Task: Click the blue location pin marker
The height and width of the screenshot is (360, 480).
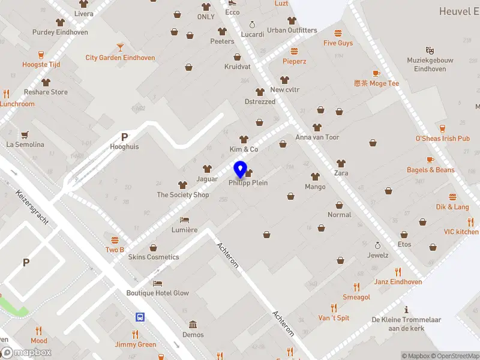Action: coord(241,170)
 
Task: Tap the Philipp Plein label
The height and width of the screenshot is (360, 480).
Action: coord(248,183)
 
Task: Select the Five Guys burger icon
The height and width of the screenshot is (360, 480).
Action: coord(338,33)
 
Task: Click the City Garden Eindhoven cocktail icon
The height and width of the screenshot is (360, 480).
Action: coord(120,47)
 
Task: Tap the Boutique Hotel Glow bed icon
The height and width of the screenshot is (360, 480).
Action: coord(157,283)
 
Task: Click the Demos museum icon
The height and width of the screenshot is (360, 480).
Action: coord(193,325)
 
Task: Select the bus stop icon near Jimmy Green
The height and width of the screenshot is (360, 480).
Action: coord(140,317)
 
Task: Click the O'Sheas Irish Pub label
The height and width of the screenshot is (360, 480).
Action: coord(443,139)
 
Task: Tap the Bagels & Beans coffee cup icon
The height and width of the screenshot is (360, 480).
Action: coord(430,160)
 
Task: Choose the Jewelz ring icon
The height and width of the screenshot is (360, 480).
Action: coord(377,245)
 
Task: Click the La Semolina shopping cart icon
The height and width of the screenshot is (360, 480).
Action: coord(25,134)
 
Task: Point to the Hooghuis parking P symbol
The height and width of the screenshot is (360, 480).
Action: coord(125,137)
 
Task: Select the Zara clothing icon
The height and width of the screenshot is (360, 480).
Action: coord(341,163)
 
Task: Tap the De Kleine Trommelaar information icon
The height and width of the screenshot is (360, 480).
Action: coord(407,310)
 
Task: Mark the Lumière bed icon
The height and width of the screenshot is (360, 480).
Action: coord(185,220)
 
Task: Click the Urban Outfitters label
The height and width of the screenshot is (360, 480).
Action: coord(292,31)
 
